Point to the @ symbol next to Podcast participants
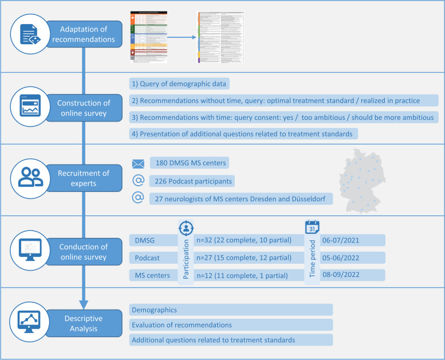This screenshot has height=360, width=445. coord(138,181)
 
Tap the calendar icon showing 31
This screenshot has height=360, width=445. coord(312,228)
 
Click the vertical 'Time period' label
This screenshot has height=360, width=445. coord(312,259)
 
